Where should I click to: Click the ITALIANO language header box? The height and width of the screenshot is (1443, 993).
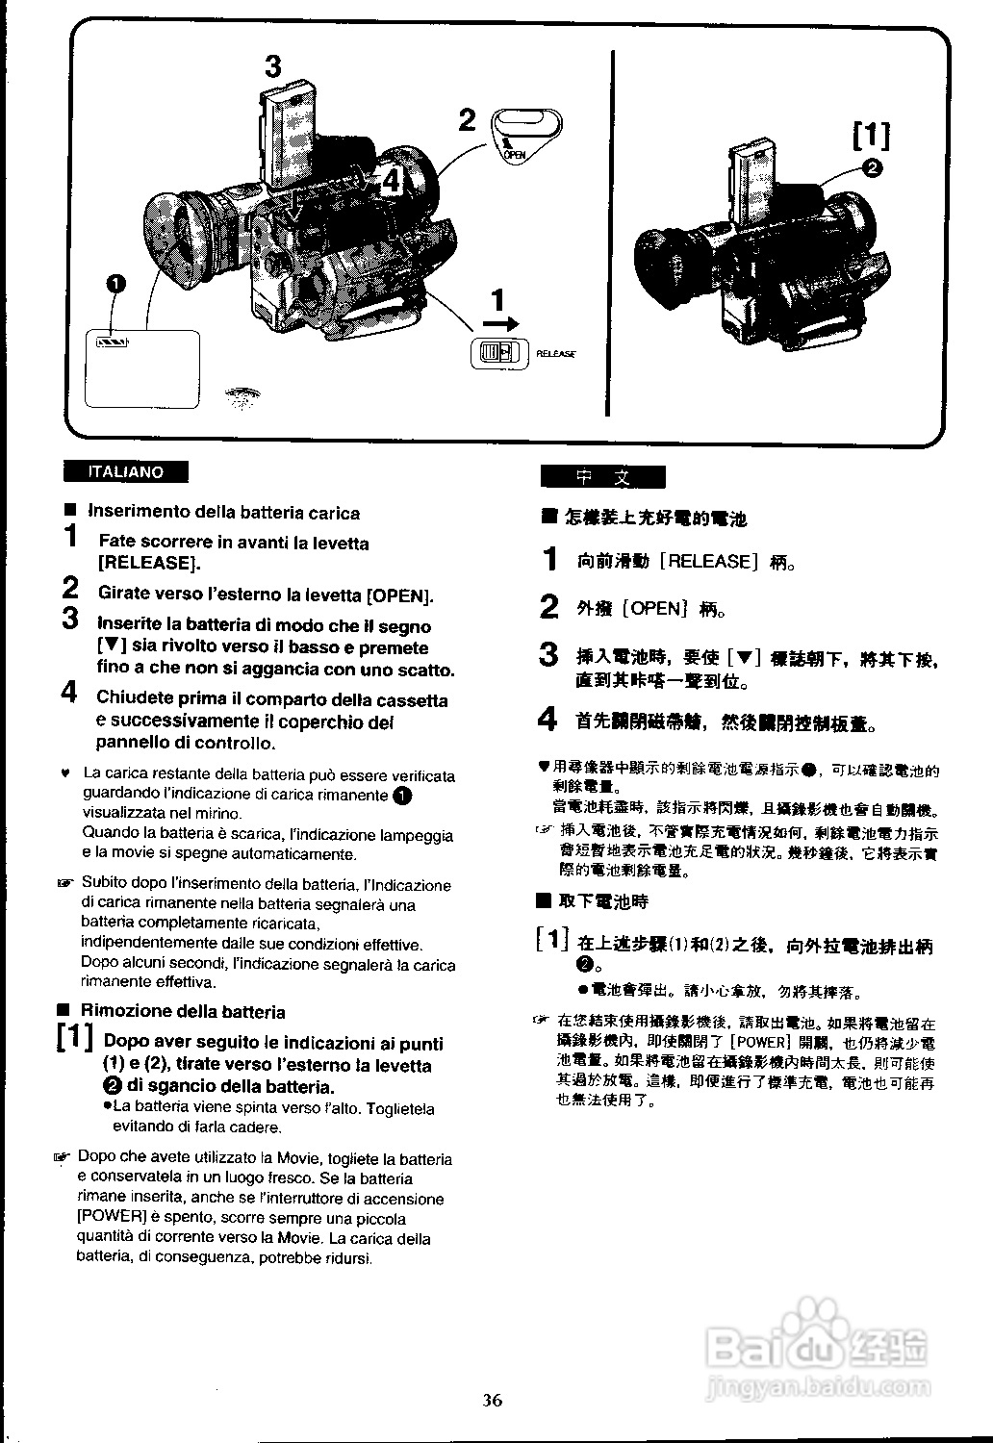(x=125, y=472)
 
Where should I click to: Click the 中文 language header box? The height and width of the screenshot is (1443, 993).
(x=602, y=477)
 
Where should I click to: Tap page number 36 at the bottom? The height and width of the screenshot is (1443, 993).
(x=492, y=1401)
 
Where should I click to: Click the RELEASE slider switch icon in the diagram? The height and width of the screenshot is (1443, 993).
(x=498, y=354)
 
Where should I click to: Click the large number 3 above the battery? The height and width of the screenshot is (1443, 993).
(x=273, y=66)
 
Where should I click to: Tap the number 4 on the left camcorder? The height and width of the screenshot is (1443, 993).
(x=391, y=180)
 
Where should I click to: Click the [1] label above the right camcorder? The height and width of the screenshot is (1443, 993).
(x=872, y=135)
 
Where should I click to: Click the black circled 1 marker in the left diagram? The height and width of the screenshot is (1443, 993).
(x=116, y=283)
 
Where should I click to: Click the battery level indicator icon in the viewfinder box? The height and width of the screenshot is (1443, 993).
(x=112, y=342)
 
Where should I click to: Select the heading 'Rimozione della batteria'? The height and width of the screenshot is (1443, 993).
(x=183, y=1012)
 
